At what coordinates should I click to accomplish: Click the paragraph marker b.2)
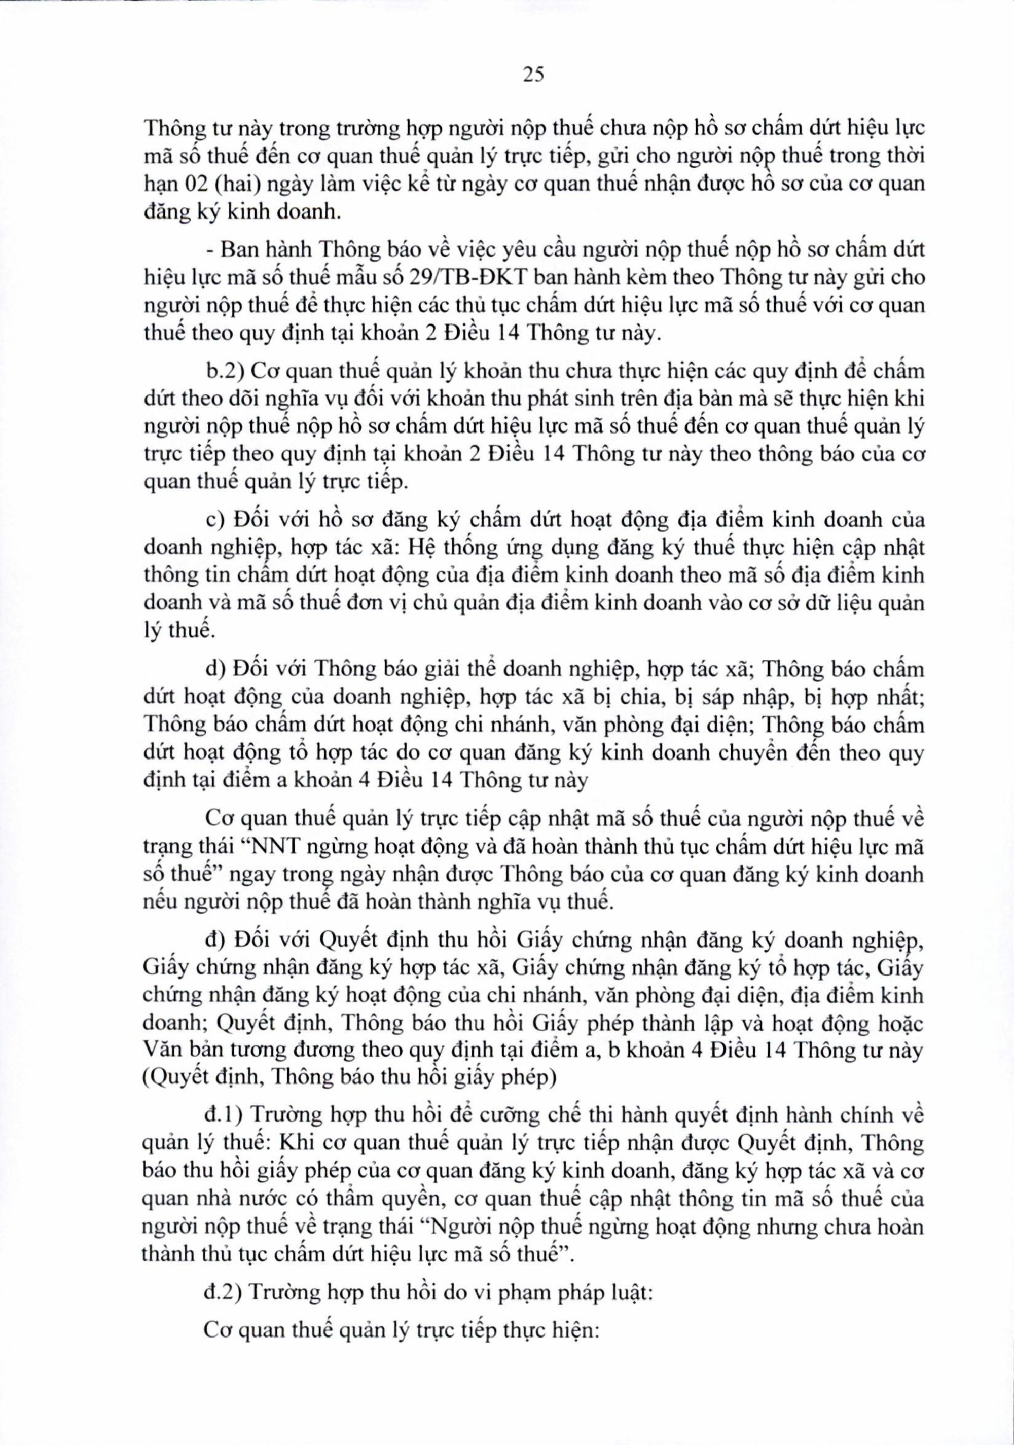tap(224, 371)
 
